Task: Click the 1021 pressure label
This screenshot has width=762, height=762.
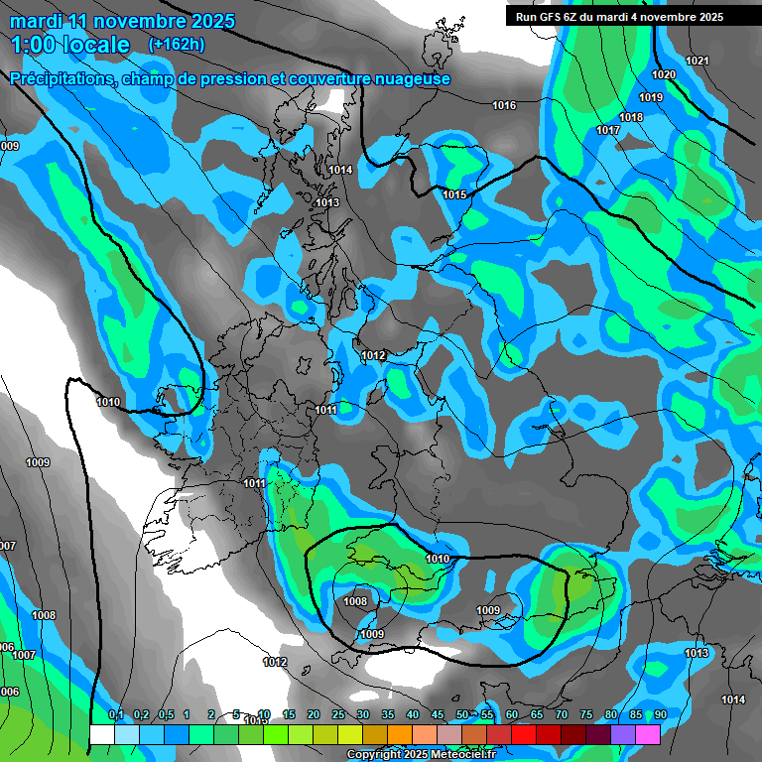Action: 698,62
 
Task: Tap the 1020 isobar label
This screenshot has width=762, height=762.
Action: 664,75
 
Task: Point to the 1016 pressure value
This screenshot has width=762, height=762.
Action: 504,105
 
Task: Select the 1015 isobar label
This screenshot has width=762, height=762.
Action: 454,194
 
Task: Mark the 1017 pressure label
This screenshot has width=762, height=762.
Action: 608,131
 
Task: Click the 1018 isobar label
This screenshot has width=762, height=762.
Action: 631,118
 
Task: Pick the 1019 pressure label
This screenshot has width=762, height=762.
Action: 651,97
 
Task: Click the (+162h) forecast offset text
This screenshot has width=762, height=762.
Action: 176,44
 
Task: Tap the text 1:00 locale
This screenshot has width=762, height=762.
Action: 69,45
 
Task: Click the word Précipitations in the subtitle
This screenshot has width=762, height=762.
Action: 62,79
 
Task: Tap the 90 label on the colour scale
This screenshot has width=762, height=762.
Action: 660,715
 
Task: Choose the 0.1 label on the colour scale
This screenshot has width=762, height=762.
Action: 115,715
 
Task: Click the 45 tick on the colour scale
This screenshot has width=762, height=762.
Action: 438,715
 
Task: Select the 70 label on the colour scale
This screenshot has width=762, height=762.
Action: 562,715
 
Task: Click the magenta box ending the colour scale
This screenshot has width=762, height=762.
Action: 648,734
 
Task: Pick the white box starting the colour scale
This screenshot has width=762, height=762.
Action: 101,734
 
